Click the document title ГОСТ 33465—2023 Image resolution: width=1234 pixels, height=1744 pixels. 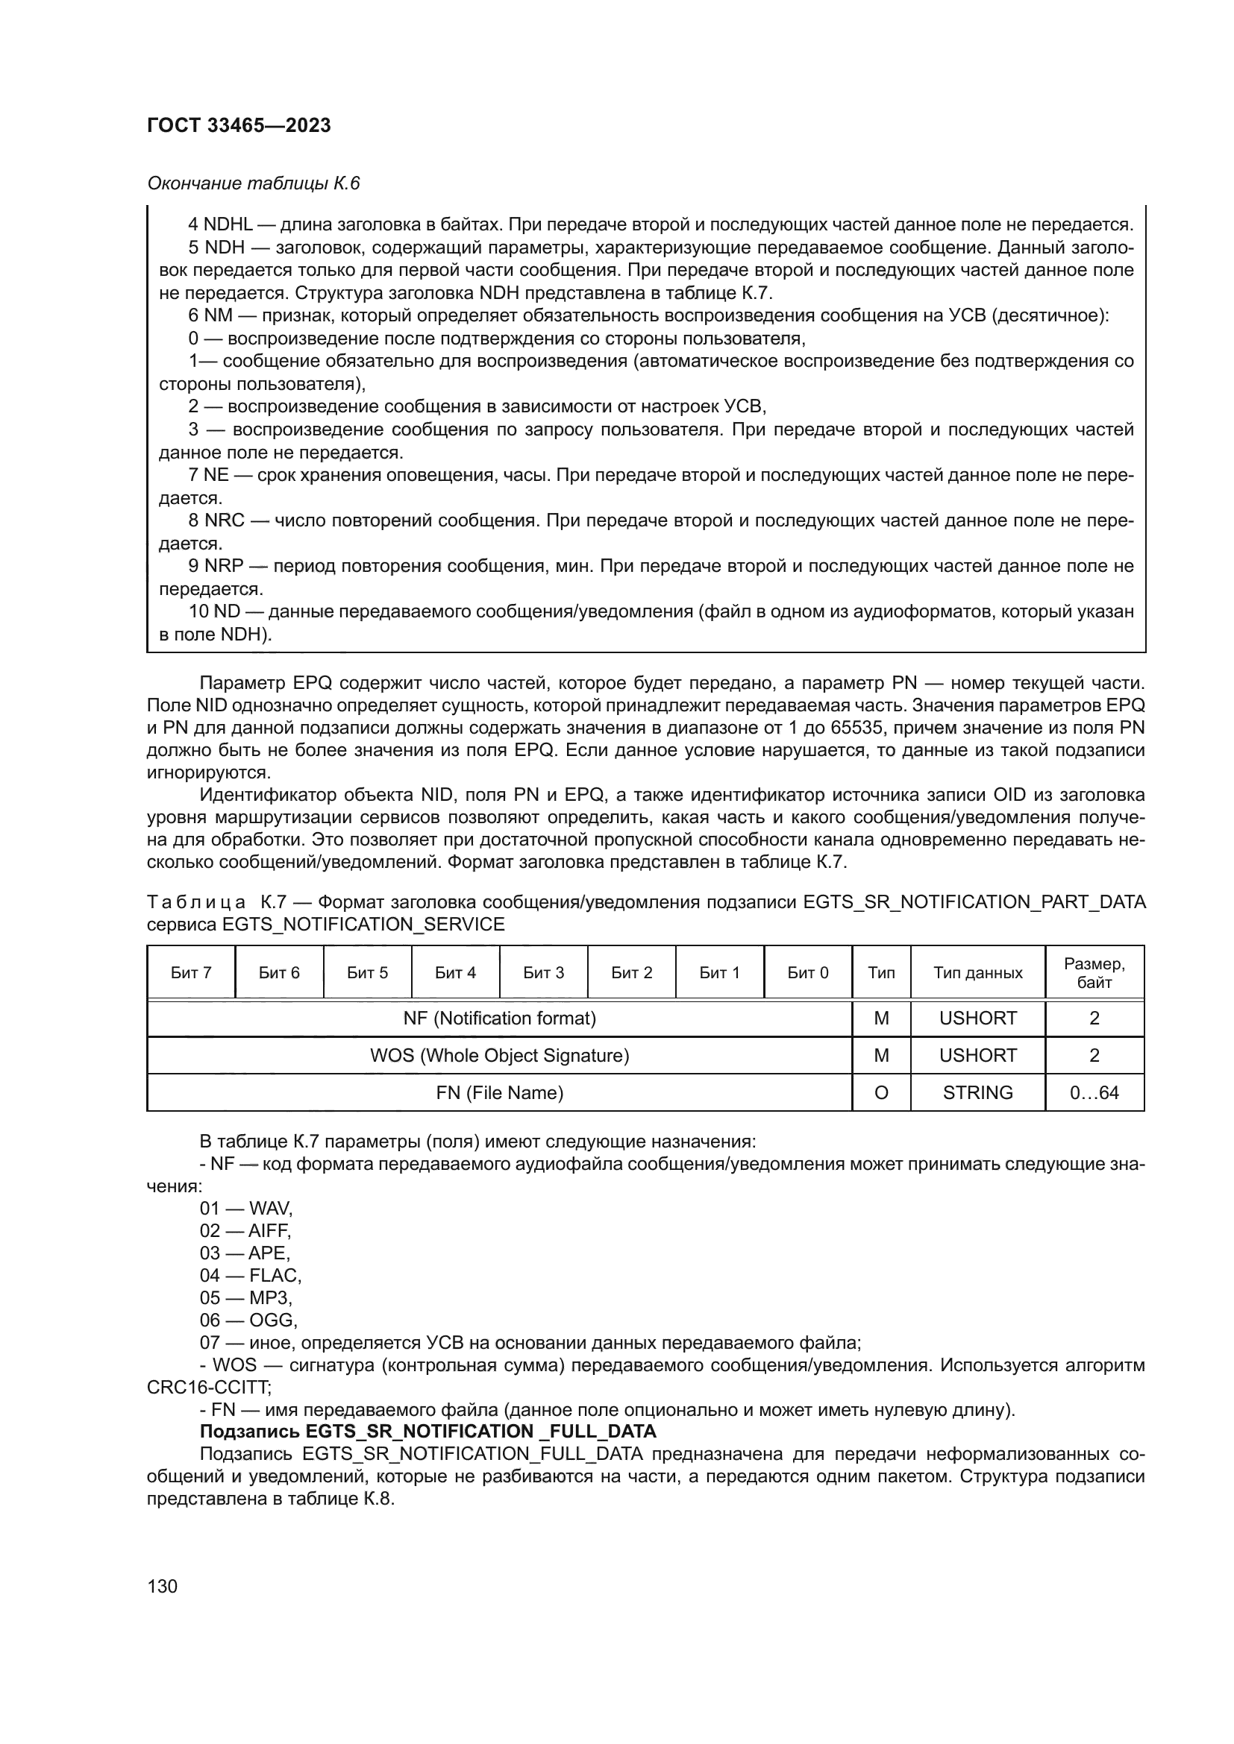click(x=239, y=125)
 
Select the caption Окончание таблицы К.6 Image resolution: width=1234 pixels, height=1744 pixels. click(x=253, y=183)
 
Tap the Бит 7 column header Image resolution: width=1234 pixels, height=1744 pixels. click(x=191, y=972)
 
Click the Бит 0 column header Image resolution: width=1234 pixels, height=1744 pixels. click(x=808, y=972)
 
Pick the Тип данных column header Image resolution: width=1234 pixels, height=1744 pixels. click(x=977, y=972)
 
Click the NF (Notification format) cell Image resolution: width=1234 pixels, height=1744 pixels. click(x=499, y=1018)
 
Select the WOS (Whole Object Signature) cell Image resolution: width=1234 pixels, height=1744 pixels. click(x=499, y=1055)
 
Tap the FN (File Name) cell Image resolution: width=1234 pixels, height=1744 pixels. click(x=499, y=1092)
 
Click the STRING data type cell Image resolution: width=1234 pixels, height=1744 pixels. click(x=977, y=1092)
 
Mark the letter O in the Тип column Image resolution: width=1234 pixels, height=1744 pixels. click(x=880, y=1092)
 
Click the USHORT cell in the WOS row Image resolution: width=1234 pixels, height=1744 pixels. click(x=977, y=1055)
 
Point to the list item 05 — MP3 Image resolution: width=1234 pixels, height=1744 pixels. click(x=245, y=1297)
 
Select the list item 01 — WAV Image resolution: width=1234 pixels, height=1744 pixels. click(x=245, y=1208)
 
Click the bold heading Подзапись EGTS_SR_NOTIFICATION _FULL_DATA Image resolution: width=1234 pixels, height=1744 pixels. click(x=427, y=1431)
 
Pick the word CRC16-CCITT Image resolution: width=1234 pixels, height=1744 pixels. click(x=208, y=1387)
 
